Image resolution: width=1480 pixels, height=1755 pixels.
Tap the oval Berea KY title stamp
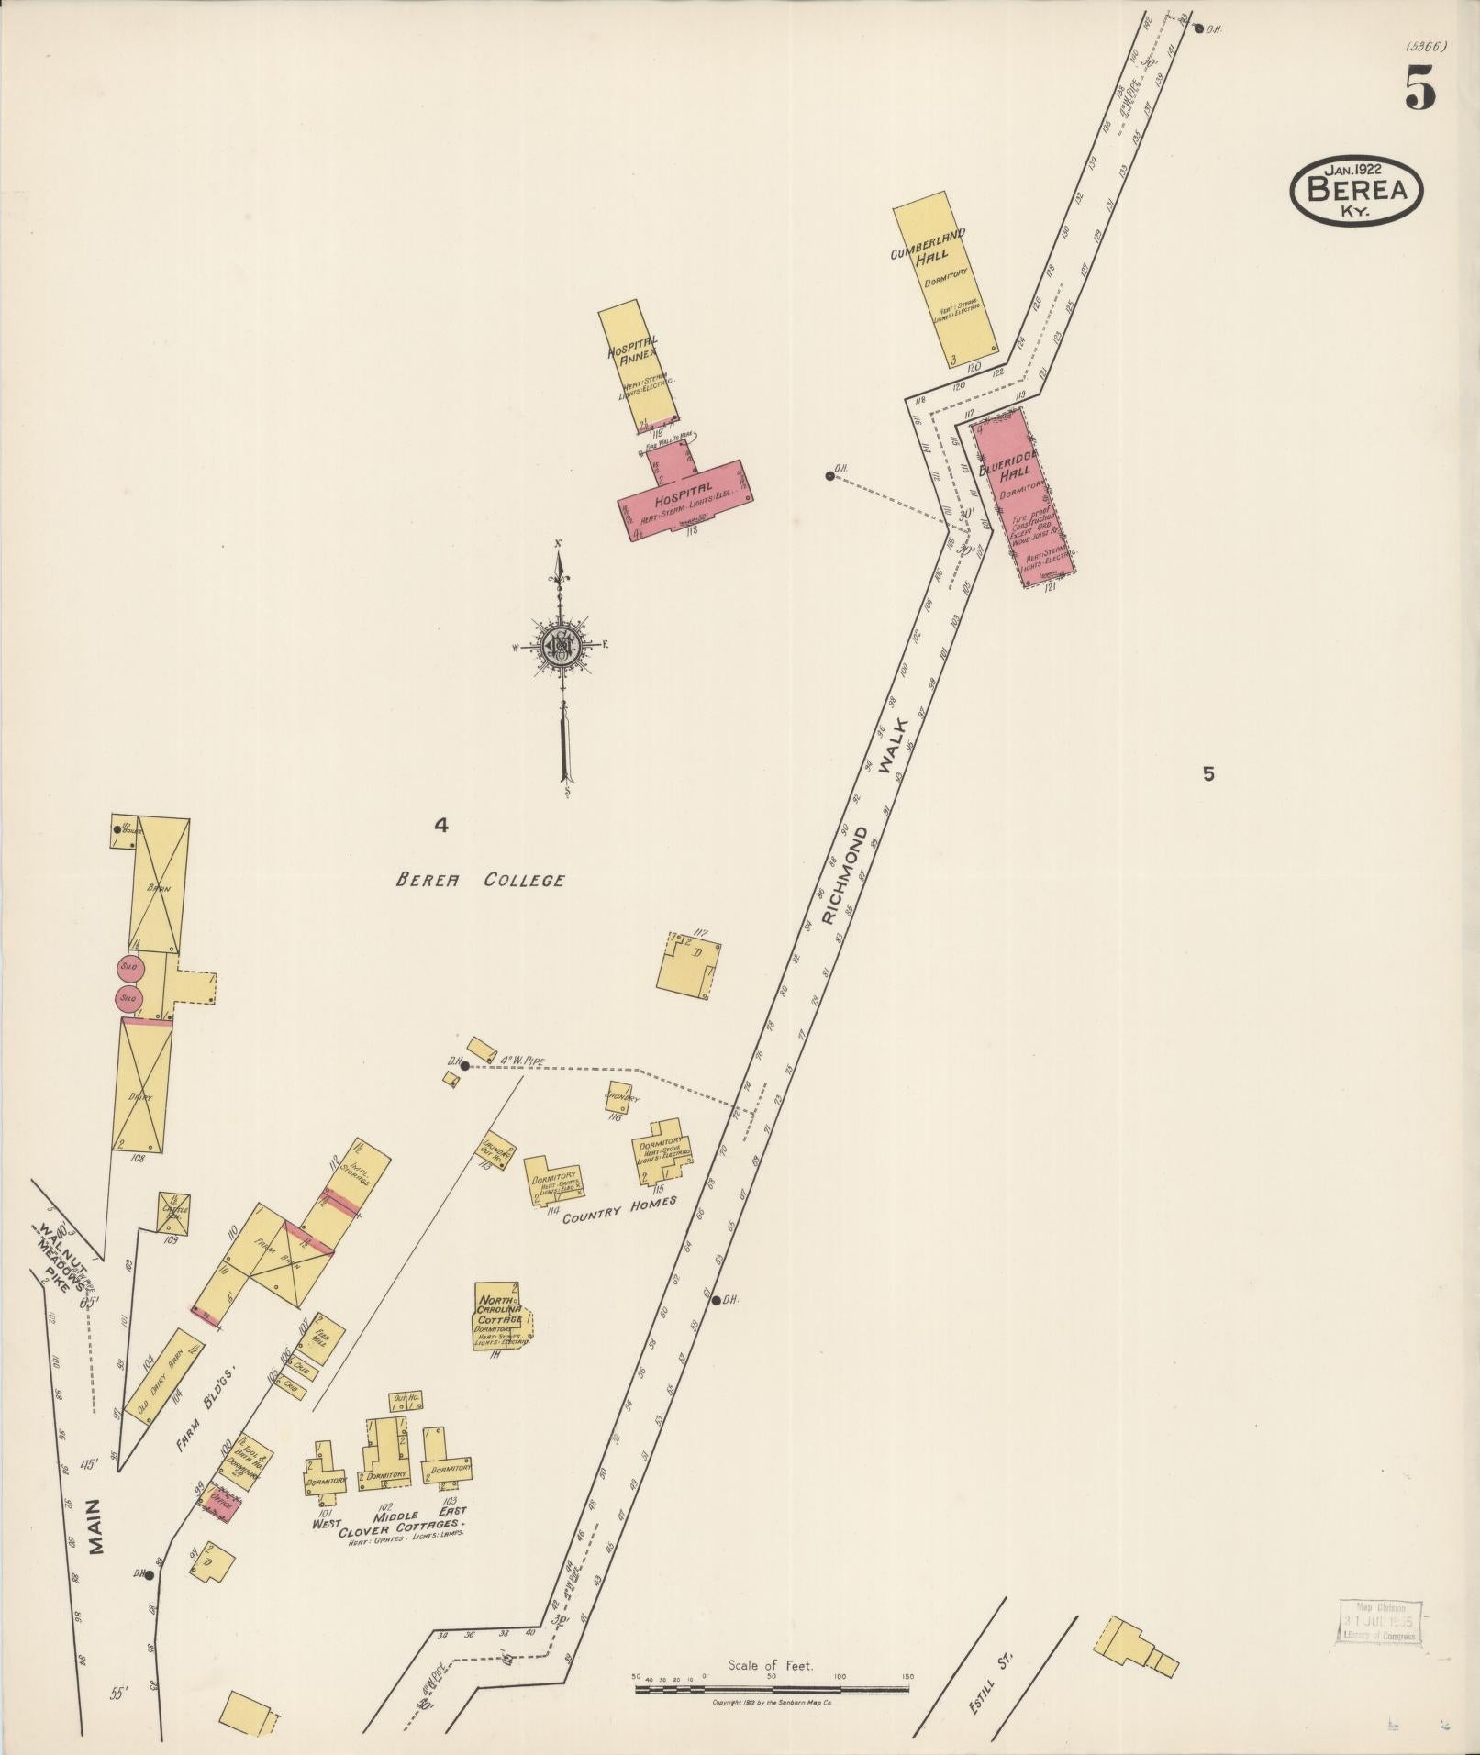[x=1356, y=192]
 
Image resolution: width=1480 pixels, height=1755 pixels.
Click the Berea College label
[x=480, y=880]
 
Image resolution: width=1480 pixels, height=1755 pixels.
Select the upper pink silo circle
[x=128, y=966]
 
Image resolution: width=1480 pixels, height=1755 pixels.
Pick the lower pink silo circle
[x=128, y=997]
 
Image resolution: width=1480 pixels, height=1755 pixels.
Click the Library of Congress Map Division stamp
[x=1378, y=1621]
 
